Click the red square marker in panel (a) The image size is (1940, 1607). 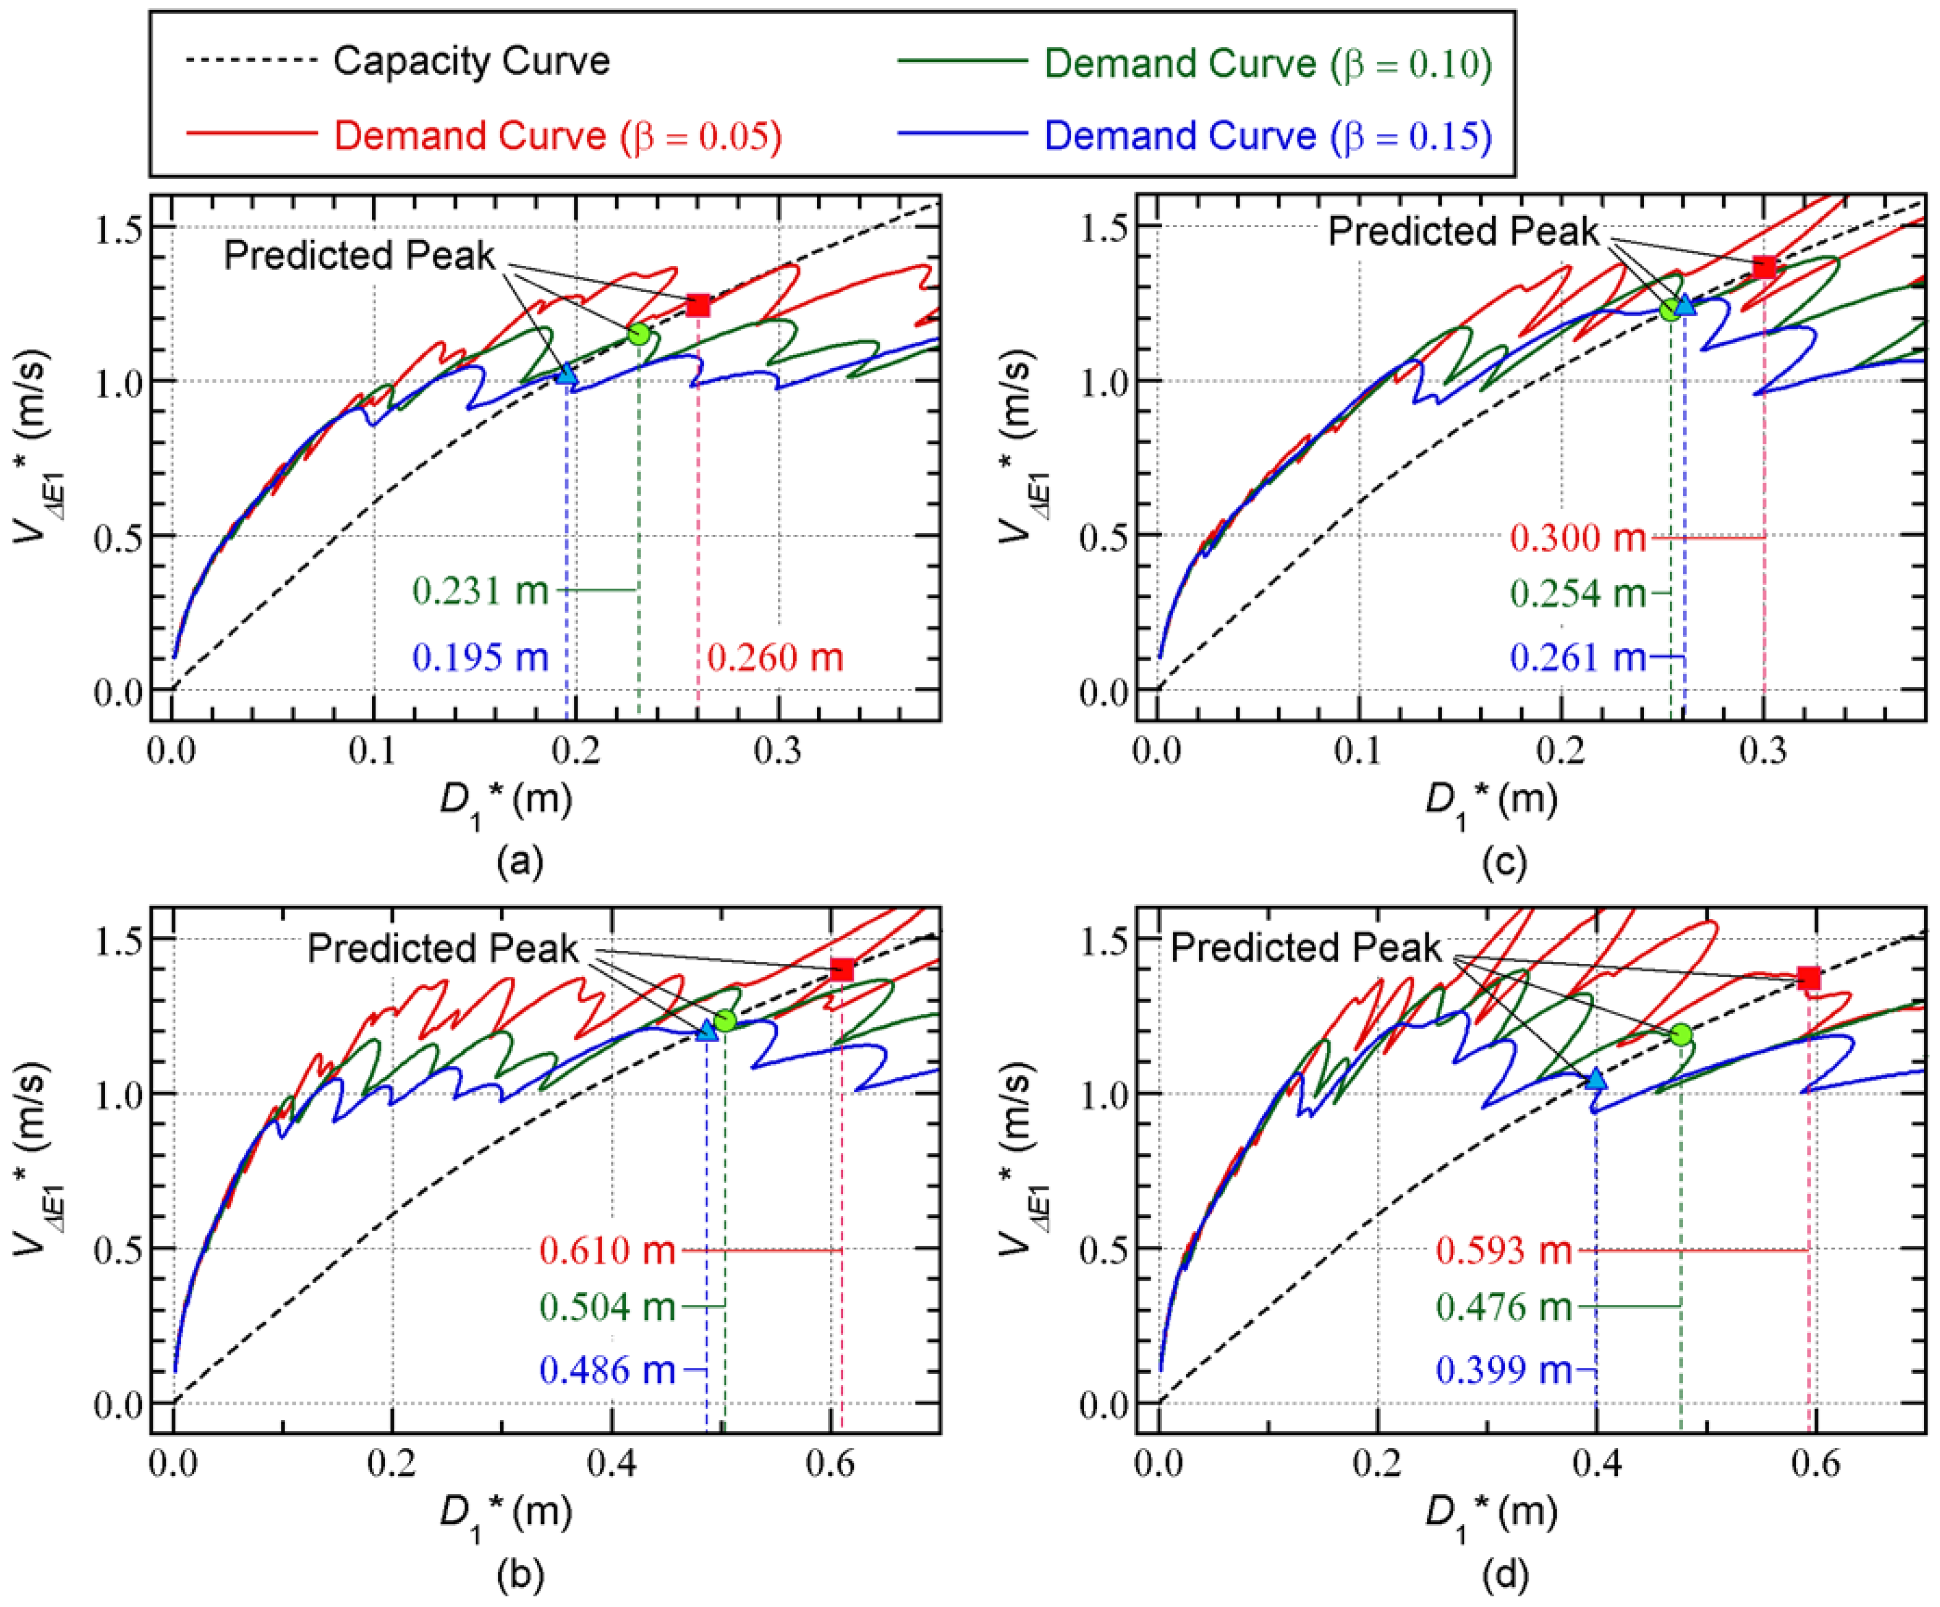(699, 305)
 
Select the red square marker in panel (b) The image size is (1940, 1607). (841, 969)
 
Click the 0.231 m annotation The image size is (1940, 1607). (480, 590)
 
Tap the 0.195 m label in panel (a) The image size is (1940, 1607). (480, 657)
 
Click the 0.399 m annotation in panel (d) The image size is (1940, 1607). (1503, 1370)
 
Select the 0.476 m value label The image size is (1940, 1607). (1503, 1306)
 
